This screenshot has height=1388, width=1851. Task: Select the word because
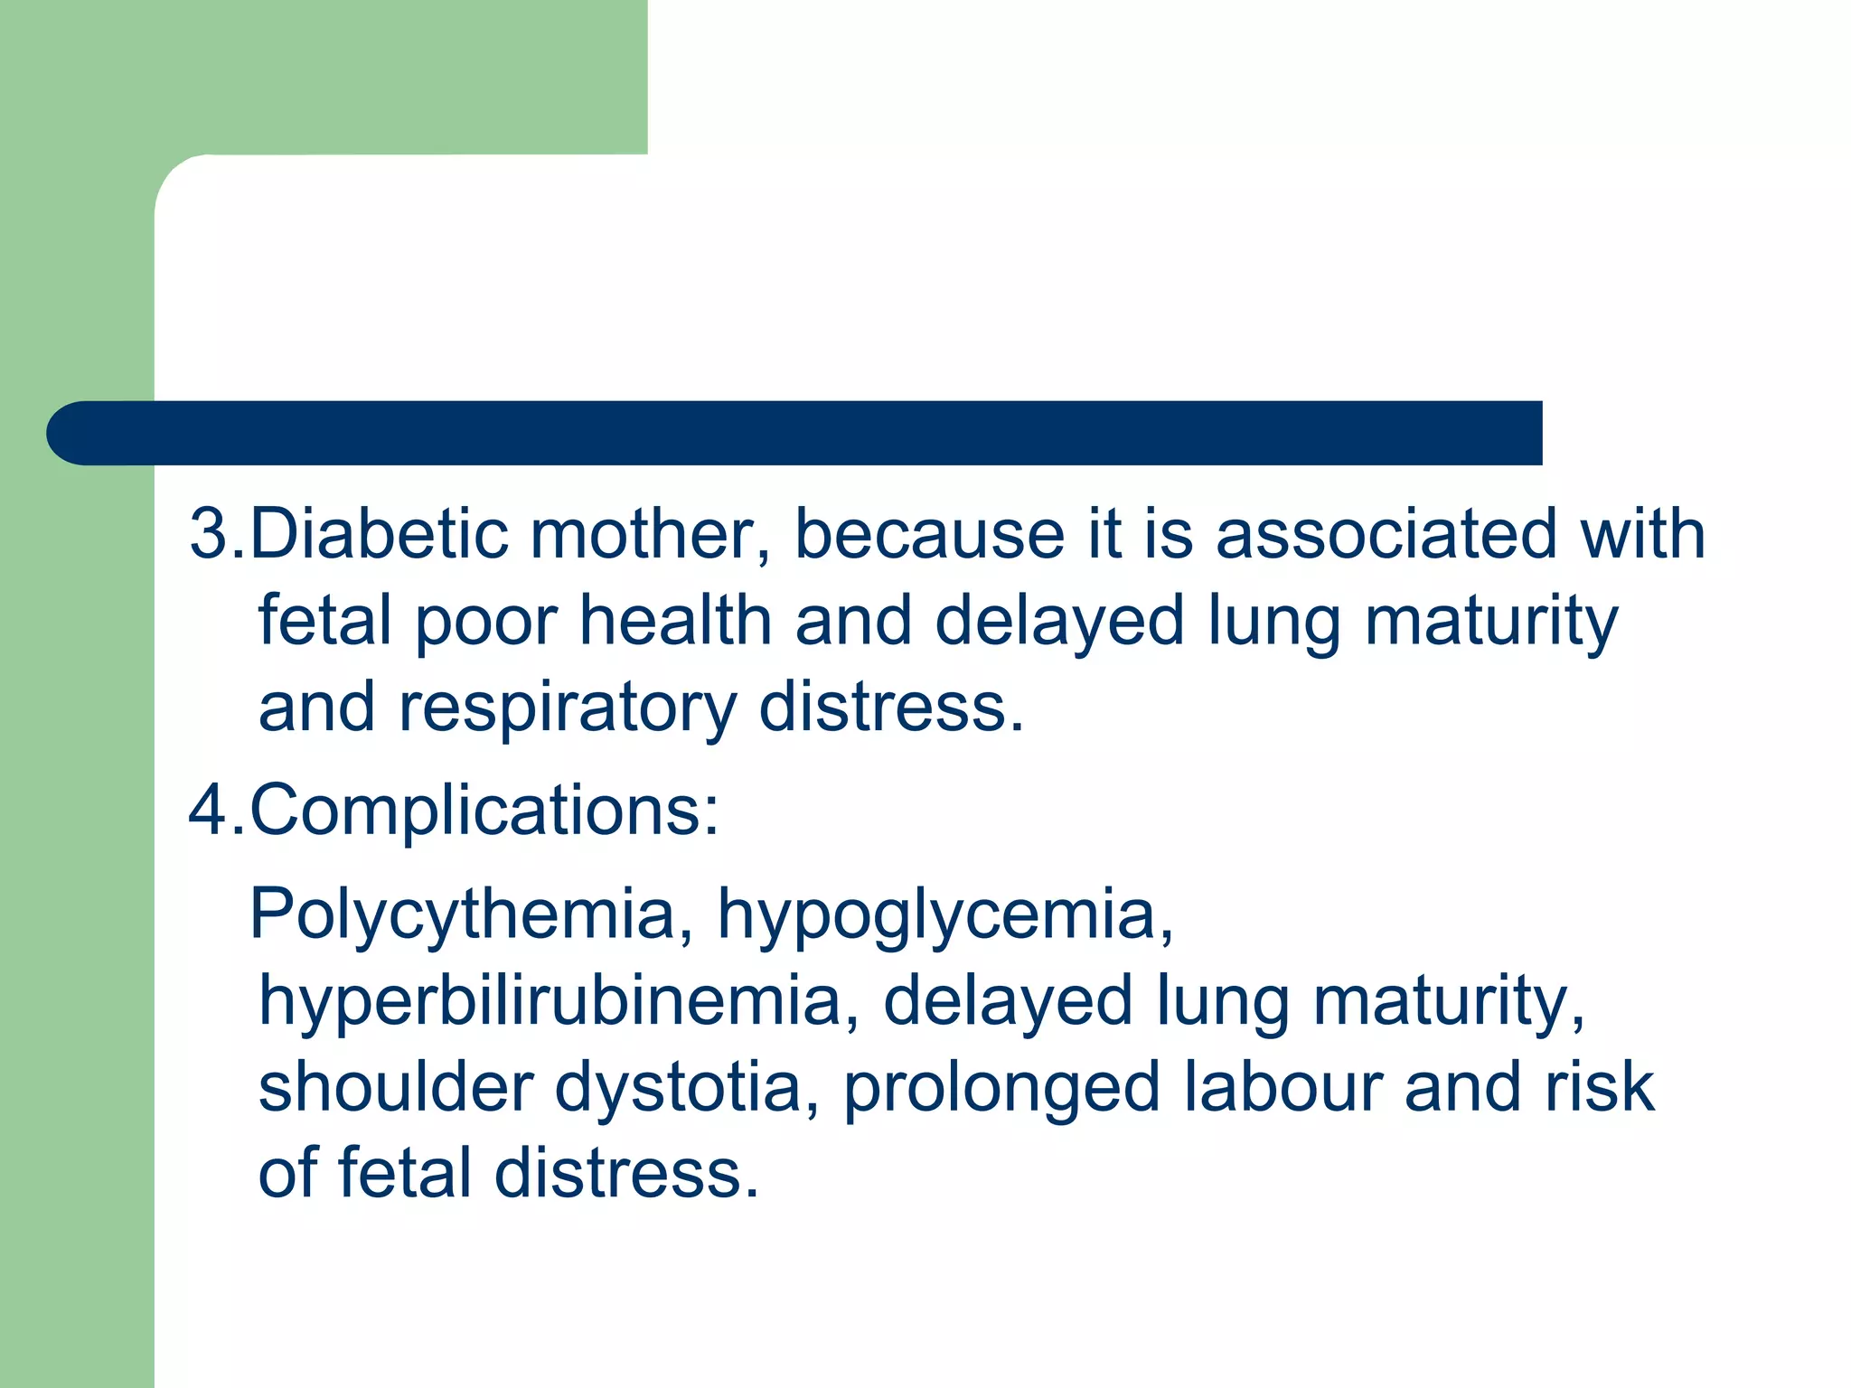[x=929, y=534]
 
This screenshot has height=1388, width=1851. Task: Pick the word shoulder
[x=396, y=1086]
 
